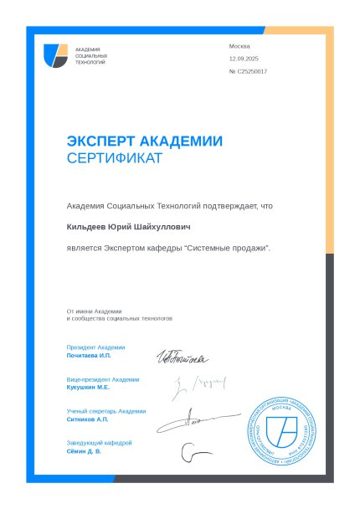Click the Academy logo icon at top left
click(x=56, y=57)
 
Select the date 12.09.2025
click(x=244, y=59)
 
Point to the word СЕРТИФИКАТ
click(x=115, y=158)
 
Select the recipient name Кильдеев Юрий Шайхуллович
click(x=129, y=227)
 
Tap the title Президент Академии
click(x=95, y=347)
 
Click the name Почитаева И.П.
click(x=89, y=356)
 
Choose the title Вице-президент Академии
click(x=102, y=379)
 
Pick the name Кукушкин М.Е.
click(x=88, y=388)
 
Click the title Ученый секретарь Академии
click(x=105, y=411)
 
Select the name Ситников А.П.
click(x=88, y=419)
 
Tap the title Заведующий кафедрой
click(x=99, y=443)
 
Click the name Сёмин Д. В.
click(x=84, y=451)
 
